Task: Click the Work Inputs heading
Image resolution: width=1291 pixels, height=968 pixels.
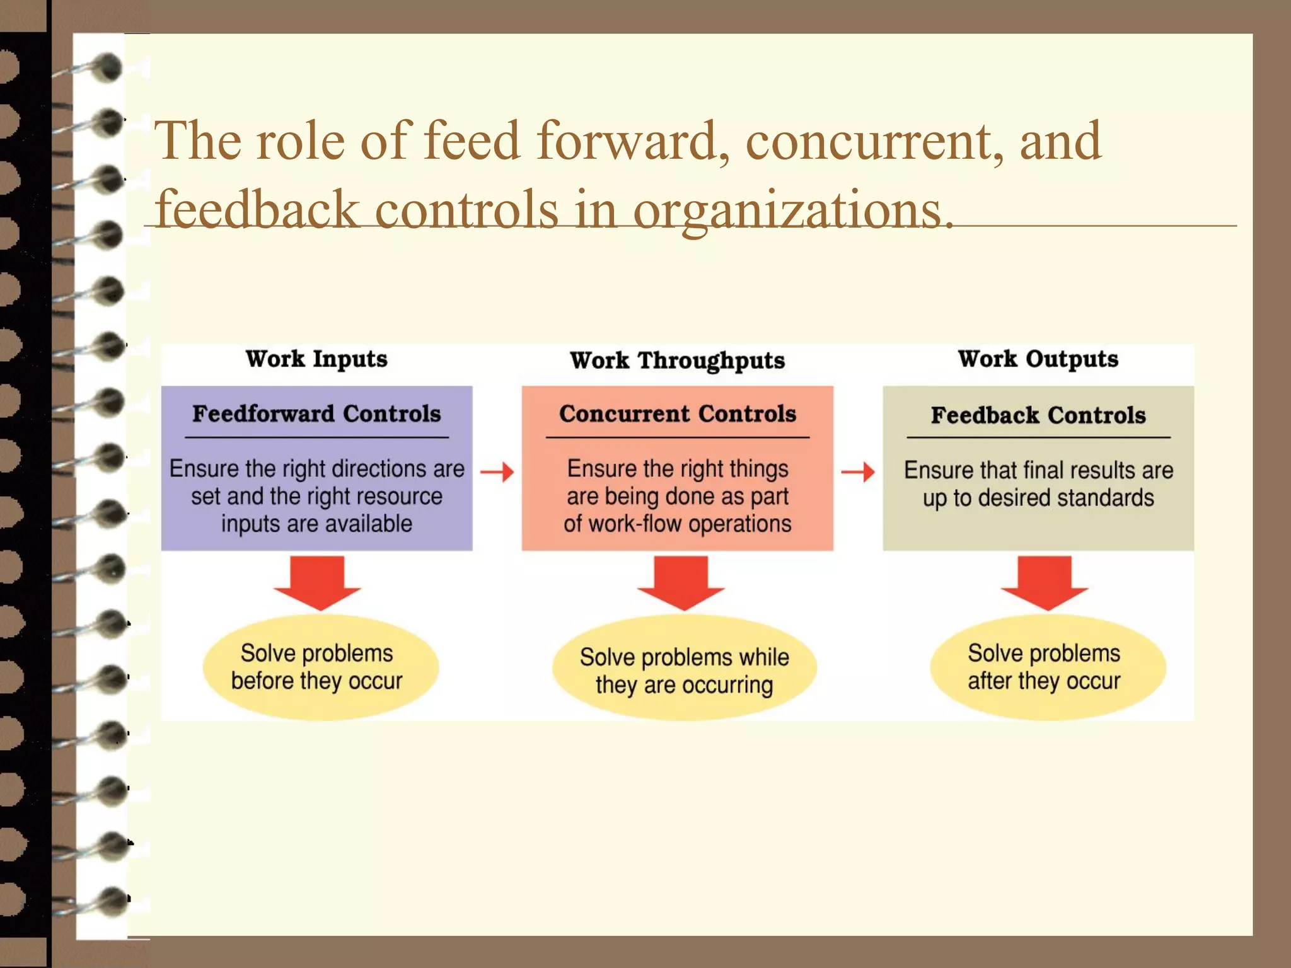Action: click(316, 359)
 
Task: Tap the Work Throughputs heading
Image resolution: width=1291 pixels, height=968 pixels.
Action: click(677, 360)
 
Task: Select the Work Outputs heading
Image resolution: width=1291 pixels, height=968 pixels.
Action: click(1038, 359)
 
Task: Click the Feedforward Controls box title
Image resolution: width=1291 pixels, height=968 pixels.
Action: click(316, 414)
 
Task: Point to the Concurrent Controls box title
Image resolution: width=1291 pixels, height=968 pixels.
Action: click(677, 414)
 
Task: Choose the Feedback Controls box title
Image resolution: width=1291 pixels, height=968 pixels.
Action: click(1038, 415)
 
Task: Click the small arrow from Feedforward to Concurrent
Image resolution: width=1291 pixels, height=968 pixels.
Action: click(497, 471)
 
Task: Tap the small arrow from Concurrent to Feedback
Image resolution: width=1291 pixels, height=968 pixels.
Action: click(858, 471)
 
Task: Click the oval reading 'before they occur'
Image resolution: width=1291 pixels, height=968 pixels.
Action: click(320, 667)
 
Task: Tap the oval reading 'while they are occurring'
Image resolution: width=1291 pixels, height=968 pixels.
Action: click(684, 670)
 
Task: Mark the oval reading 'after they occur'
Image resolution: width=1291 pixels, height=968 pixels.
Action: click(1047, 667)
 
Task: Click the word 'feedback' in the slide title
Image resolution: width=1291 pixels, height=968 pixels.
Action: click(257, 210)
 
